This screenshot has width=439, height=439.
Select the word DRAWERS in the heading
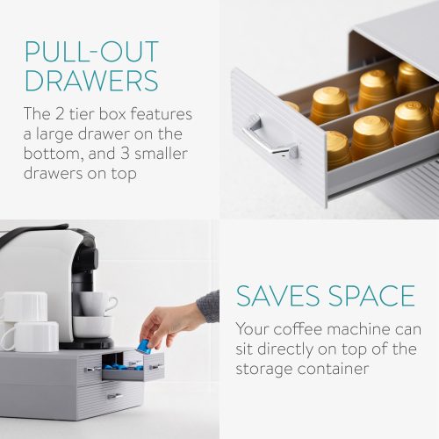91,81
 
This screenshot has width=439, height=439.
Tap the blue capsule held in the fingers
142,347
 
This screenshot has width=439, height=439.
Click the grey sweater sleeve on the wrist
208,306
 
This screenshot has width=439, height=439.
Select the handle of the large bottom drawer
115,396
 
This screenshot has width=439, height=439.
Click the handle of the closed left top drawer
91,370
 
